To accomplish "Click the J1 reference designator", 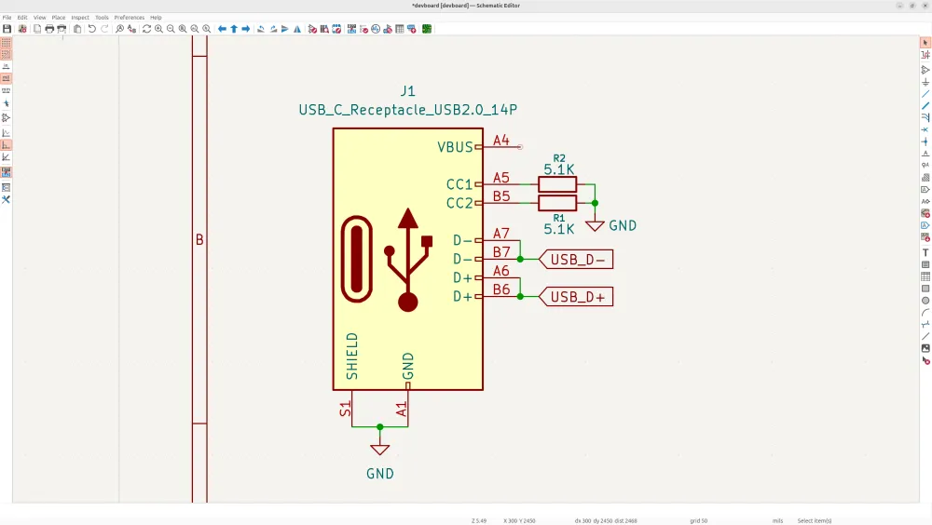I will pyautogui.click(x=407, y=91).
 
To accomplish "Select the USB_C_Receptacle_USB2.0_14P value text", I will pyautogui.click(x=407, y=110).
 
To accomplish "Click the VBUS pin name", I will pyautogui.click(x=455, y=147).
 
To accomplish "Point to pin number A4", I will pyautogui.click(x=501, y=141).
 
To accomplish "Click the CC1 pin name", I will pyautogui.click(x=459, y=184).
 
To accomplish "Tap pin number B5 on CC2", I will pyautogui.click(x=501, y=196).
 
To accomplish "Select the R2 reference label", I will pyautogui.click(x=559, y=158).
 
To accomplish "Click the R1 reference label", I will pyautogui.click(x=559, y=218).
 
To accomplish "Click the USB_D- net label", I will pyautogui.click(x=578, y=260).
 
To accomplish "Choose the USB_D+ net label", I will pyautogui.click(x=578, y=297).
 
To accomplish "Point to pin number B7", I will pyautogui.click(x=501, y=252).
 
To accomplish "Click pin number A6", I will pyautogui.click(x=501, y=271).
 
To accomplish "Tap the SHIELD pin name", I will pyautogui.click(x=352, y=356).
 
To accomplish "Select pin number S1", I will pyautogui.click(x=345, y=408).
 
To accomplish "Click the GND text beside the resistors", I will pyautogui.click(x=623, y=225).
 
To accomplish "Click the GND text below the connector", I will pyautogui.click(x=379, y=473).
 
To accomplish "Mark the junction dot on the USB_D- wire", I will pyautogui.click(x=520, y=259).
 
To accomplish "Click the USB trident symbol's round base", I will pyautogui.click(x=407, y=302).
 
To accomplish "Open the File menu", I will pyautogui.click(x=7, y=18).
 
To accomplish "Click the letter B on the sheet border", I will pyautogui.click(x=199, y=240).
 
